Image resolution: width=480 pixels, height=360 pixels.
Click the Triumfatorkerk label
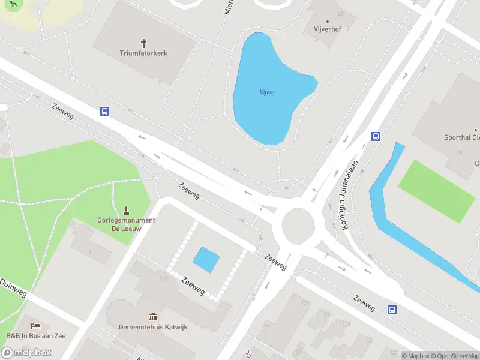tap(143, 53)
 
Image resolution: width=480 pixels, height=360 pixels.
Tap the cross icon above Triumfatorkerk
tap(143, 43)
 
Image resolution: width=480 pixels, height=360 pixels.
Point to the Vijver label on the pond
tap(267, 92)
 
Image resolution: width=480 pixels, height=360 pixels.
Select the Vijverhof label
tap(327, 29)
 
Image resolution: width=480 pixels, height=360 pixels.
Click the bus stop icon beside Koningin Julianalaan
tap(376, 136)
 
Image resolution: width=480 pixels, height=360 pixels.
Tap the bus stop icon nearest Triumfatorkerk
tap(104, 111)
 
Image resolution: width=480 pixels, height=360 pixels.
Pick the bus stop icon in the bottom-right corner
tap(392, 310)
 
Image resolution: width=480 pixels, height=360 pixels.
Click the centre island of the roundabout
tap(298, 224)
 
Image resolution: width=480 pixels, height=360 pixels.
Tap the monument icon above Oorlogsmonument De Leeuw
tap(126, 210)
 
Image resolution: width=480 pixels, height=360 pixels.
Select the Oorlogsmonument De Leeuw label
tap(126, 224)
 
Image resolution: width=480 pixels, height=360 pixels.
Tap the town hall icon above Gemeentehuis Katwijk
tap(153, 316)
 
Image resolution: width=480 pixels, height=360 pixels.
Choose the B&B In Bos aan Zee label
tap(36, 336)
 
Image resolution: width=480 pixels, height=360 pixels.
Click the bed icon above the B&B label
tap(36, 326)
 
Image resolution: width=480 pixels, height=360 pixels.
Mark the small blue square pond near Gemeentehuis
tap(206, 259)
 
